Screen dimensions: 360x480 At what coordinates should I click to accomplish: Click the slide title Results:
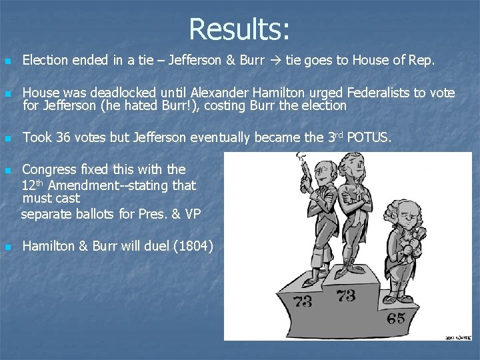[x=239, y=29]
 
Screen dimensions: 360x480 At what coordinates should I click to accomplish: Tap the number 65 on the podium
[x=395, y=318]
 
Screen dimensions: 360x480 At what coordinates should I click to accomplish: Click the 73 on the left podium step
[x=302, y=301]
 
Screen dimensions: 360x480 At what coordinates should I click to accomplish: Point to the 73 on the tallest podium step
[x=346, y=294]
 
